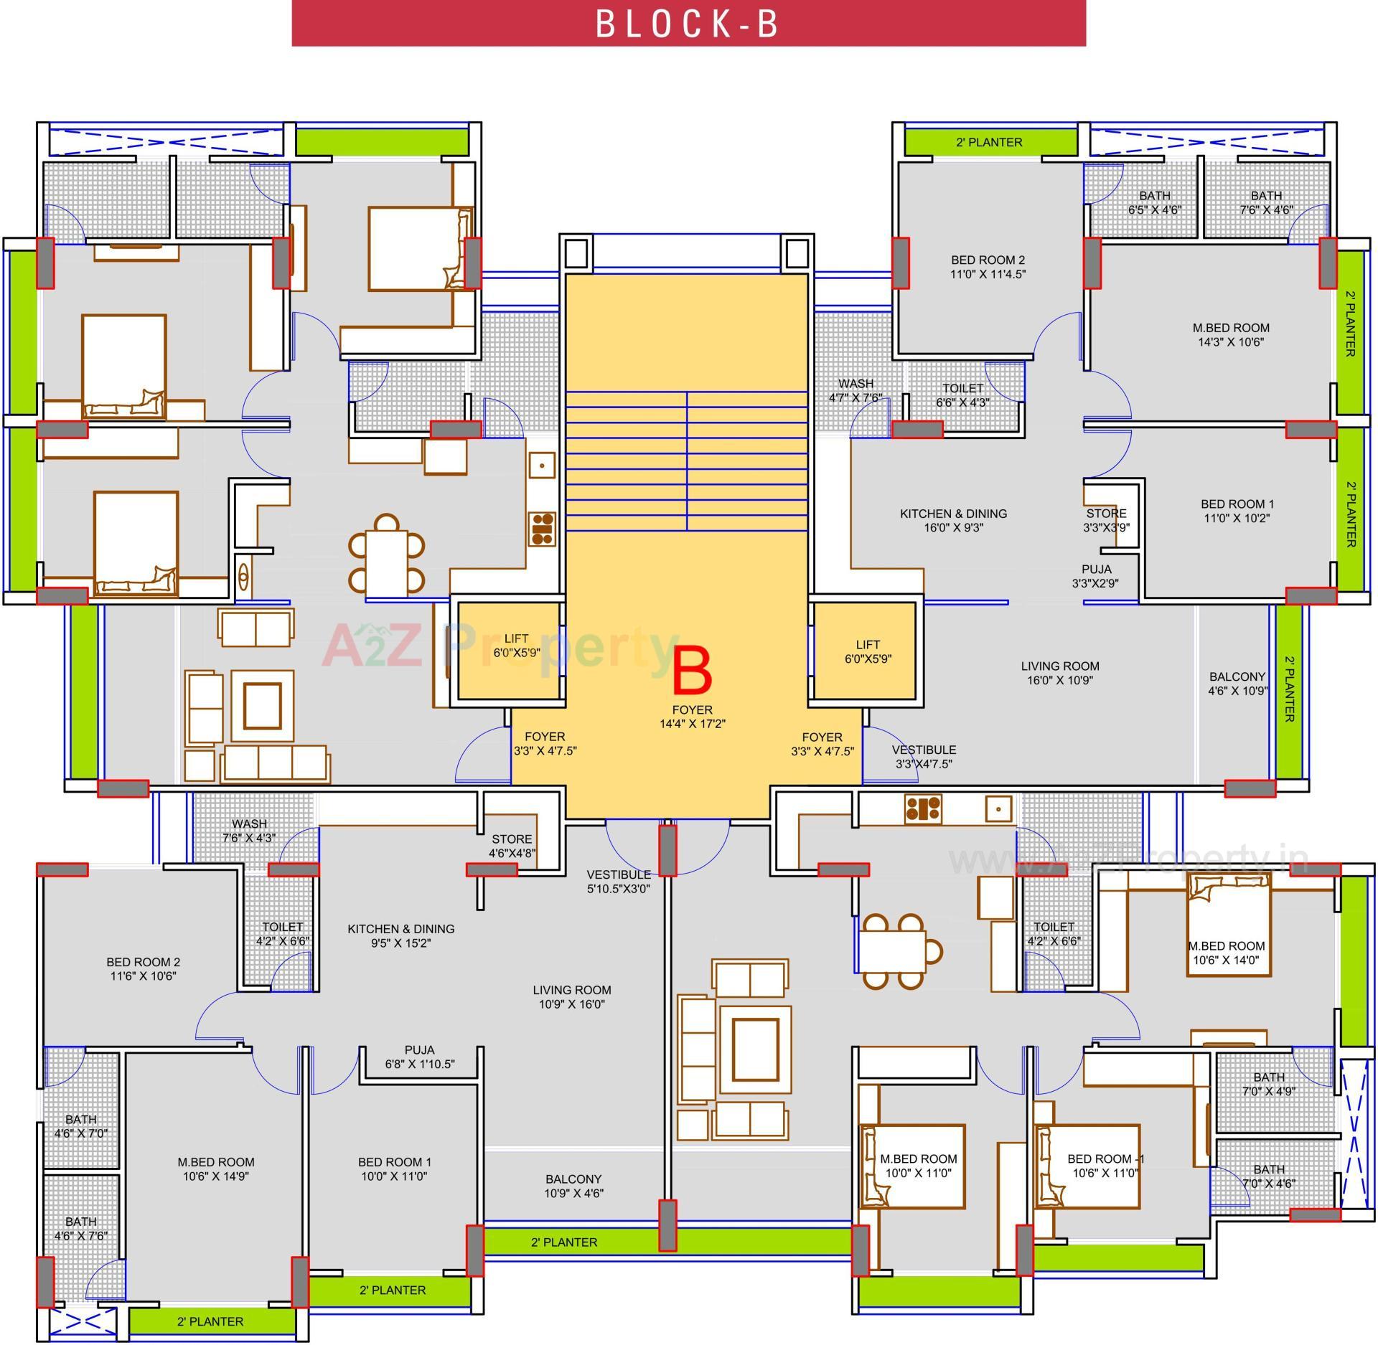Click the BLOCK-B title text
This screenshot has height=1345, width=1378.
coord(688,24)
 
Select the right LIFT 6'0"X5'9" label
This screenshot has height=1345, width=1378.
coord(868,651)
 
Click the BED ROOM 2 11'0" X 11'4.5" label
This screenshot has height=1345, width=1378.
coord(988,267)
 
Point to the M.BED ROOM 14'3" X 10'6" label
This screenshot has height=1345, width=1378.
coord(1231,335)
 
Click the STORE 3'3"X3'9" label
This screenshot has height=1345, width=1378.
coord(1106,520)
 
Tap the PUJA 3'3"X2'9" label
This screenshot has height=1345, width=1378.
coord(1096,577)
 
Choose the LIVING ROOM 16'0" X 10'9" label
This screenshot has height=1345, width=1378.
coord(1060,673)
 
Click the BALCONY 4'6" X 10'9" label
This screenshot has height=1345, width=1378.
coord(1237,684)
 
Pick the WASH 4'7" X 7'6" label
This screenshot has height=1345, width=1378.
coord(856,390)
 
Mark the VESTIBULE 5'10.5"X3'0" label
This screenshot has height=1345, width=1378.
coord(619,882)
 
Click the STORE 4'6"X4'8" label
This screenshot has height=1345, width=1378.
coord(512,846)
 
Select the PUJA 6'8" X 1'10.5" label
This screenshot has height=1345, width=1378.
coord(420,1057)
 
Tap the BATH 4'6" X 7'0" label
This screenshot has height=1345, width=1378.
coord(81,1126)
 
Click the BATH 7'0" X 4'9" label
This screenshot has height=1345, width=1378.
coord(1269,1084)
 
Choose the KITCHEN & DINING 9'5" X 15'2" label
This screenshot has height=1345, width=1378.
coord(400,935)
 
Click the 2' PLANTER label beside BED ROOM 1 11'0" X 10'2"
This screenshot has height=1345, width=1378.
coord(1350,514)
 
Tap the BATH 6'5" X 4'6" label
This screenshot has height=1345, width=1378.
coord(1154,202)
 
